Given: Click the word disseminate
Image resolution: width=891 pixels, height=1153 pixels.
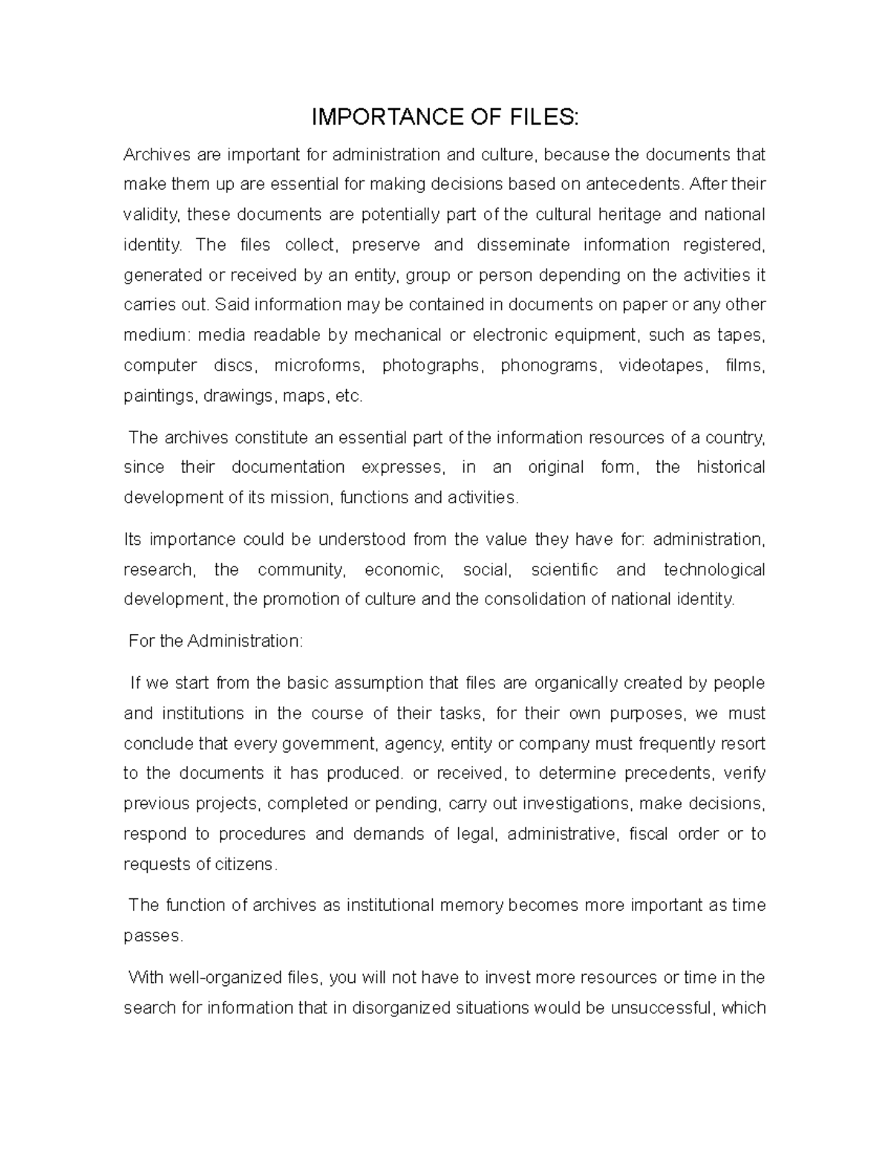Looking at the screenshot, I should (523, 245).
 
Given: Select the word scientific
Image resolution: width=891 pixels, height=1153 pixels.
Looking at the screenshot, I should (564, 569).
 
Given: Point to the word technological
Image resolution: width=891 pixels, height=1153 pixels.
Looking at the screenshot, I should (714, 569).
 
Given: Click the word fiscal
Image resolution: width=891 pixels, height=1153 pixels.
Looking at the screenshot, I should (647, 834).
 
